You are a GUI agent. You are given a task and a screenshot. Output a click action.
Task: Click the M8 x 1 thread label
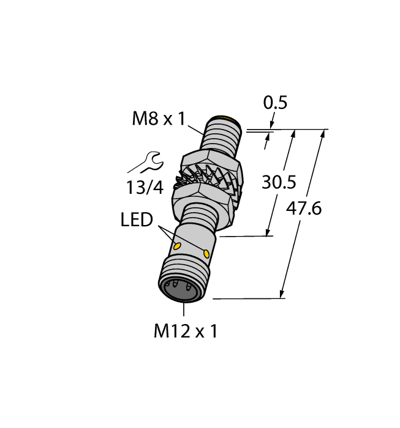point(158,119)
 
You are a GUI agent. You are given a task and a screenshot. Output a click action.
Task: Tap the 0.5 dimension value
point(275,103)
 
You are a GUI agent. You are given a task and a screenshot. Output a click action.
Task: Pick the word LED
point(136,220)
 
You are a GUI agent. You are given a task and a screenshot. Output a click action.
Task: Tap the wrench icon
point(145,164)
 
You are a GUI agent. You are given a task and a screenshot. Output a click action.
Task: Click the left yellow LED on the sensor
point(178,246)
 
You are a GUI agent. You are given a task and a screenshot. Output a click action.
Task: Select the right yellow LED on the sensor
point(206,253)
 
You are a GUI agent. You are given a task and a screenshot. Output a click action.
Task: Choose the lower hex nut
point(202,197)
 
